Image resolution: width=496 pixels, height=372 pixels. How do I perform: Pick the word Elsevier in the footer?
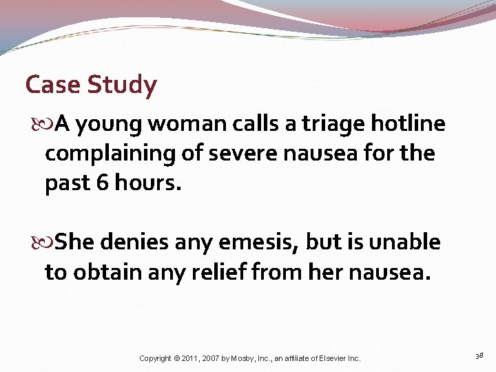point(335,358)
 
